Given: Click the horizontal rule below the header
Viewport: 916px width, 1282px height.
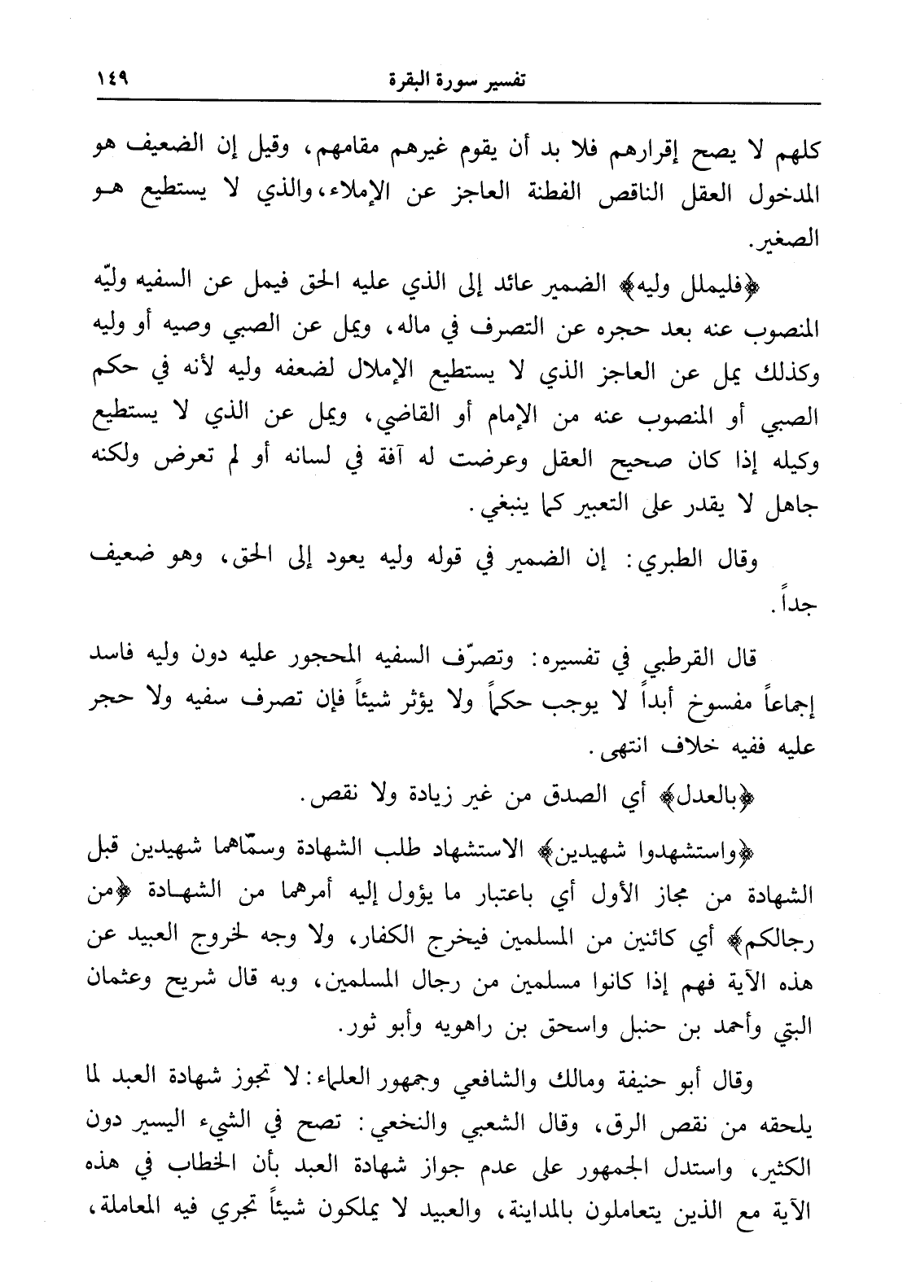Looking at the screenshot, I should tap(457, 101).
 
